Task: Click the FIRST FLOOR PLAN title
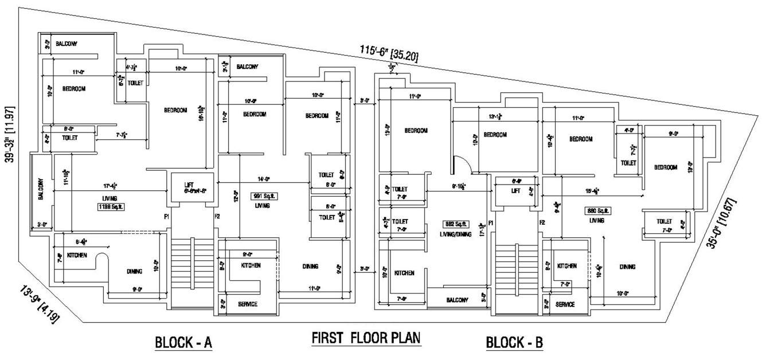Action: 366,338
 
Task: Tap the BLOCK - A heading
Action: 183,343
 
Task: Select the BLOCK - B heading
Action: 514,343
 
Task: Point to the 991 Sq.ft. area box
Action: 263,195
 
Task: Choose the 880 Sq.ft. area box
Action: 596,210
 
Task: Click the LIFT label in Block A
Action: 189,185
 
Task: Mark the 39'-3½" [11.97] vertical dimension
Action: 11,134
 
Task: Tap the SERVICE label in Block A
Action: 247,304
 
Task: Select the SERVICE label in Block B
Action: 565,304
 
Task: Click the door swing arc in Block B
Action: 463,165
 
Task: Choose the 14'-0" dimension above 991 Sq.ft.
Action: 264,179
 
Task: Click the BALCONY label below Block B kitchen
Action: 456,300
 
